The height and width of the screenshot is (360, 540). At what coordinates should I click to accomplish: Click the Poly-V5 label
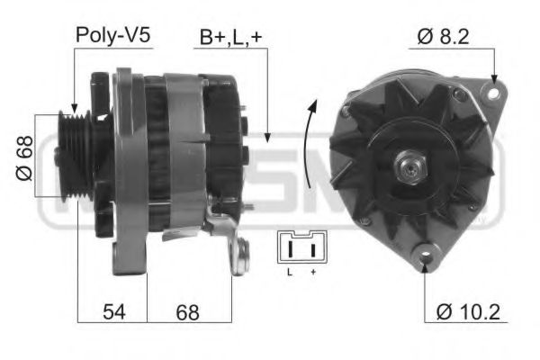(x=112, y=35)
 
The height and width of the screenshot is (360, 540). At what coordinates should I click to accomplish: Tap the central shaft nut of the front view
(x=409, y=166)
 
